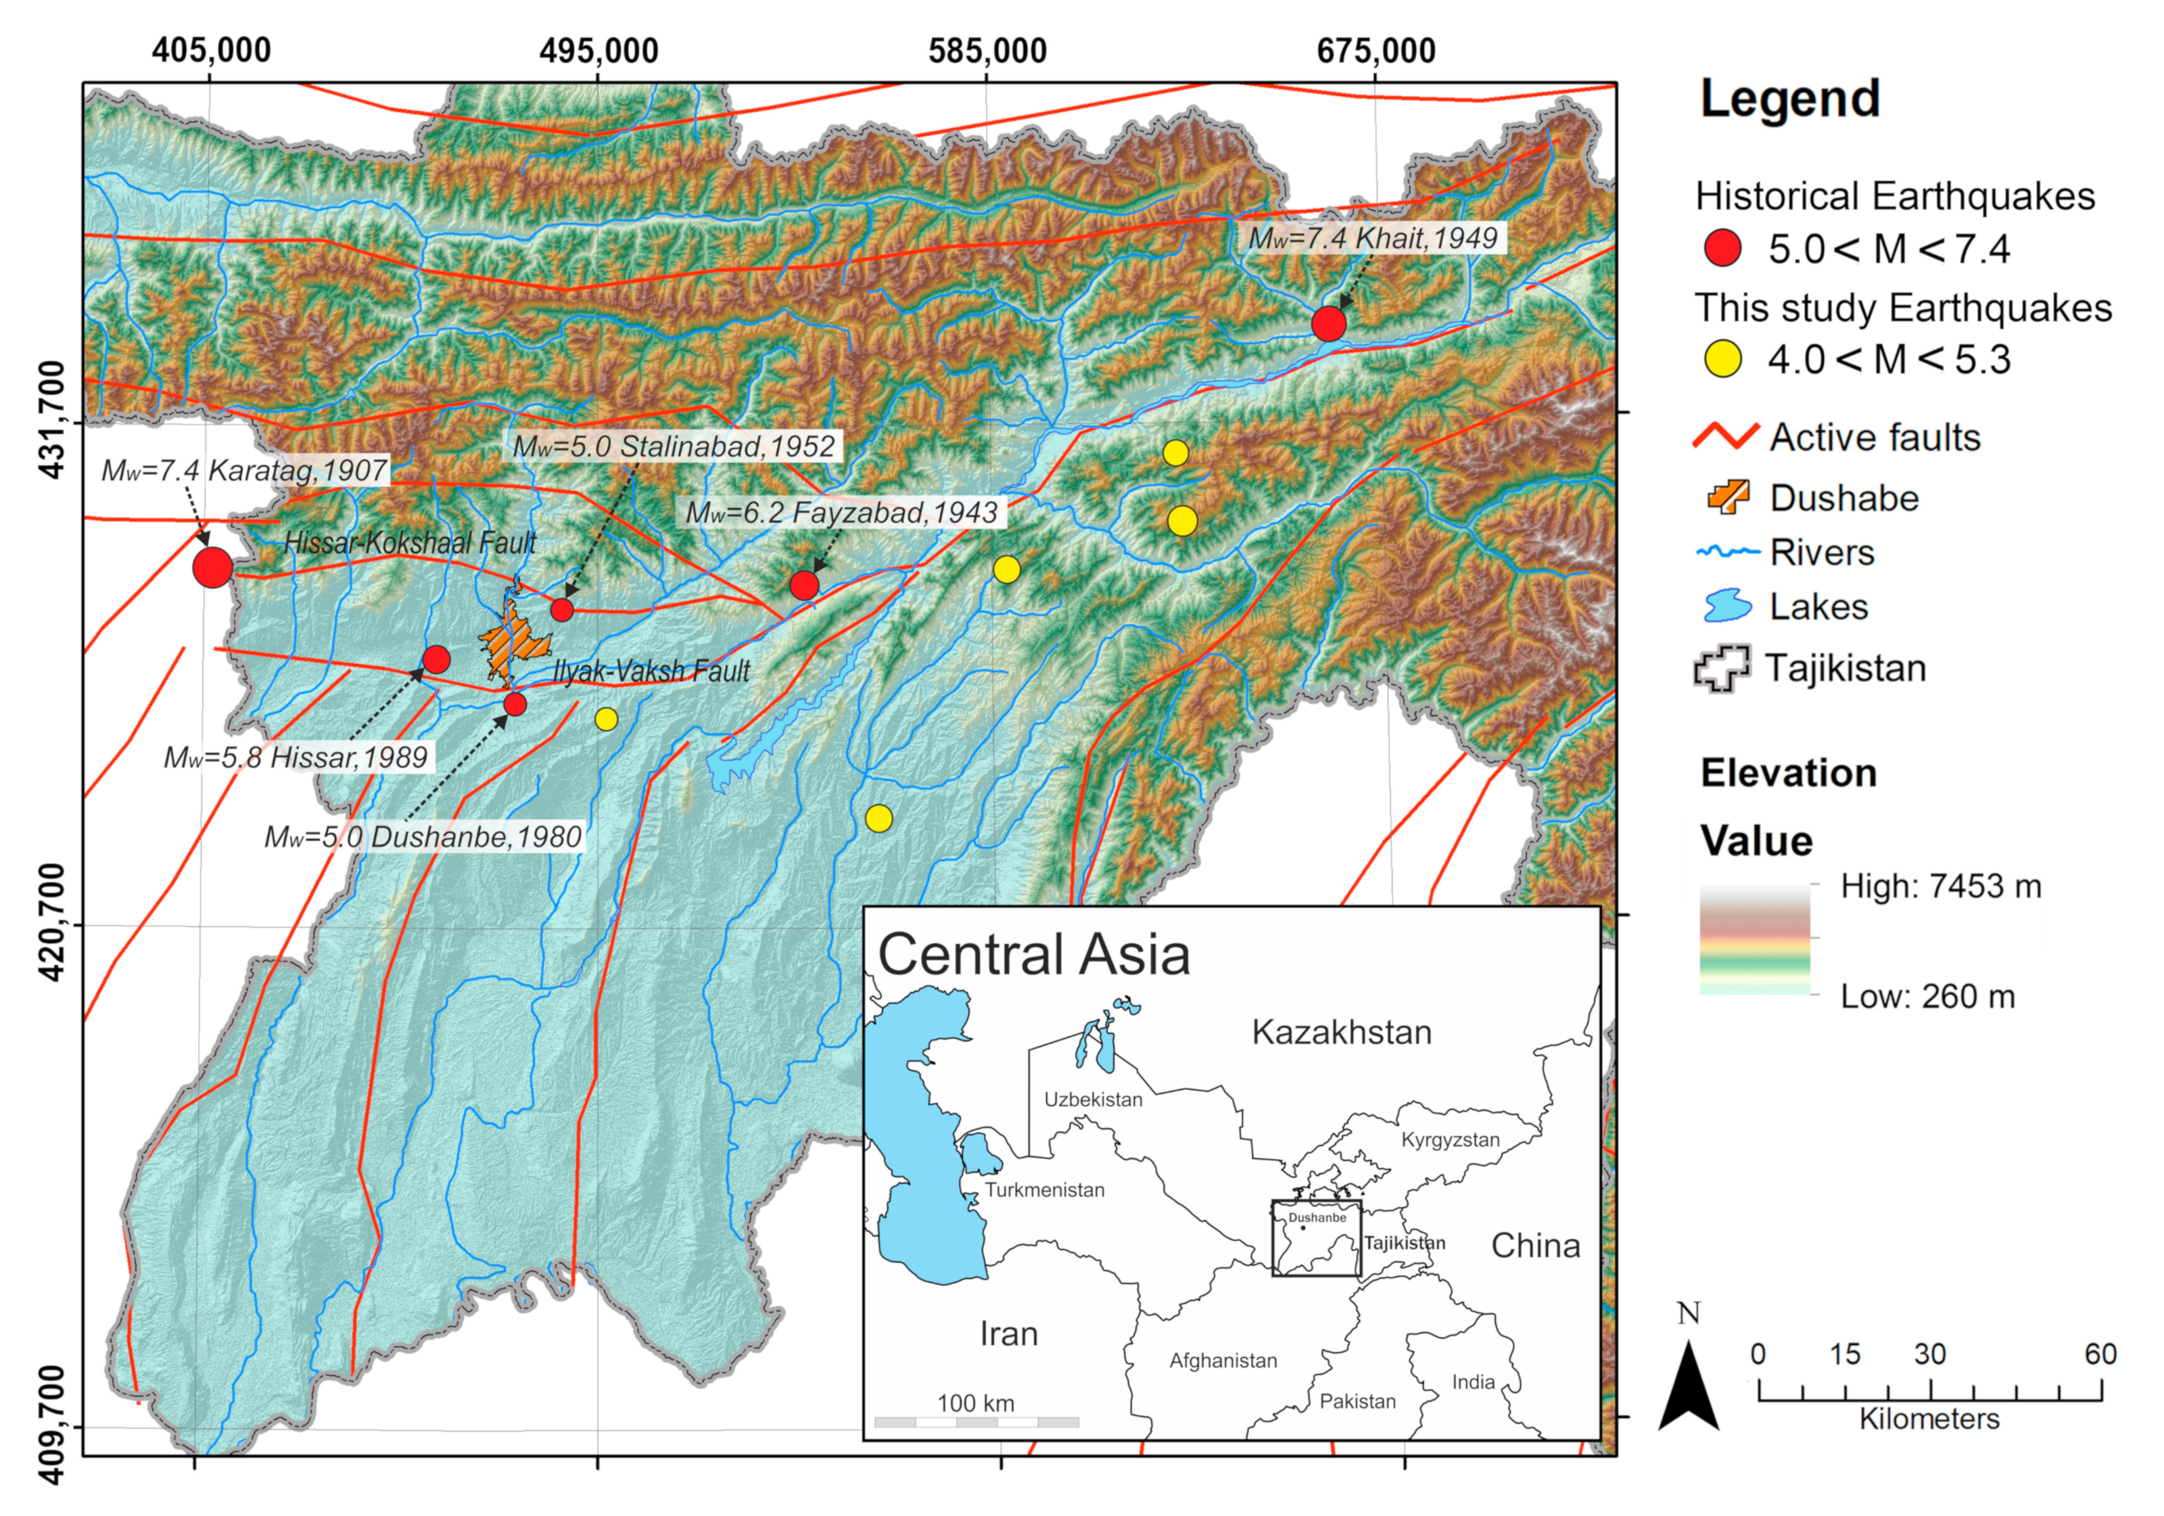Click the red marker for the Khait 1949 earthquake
tap(1328, 323)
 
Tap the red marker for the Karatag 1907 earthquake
tap(213, 567)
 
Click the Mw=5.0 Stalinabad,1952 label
tap(674, 446)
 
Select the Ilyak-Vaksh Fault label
tap(651, 671)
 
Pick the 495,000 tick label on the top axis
tap(598, 51)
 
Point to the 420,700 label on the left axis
tap(55, 924)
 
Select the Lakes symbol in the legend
tap(1728, 606)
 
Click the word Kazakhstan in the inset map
tap(1341, 1033)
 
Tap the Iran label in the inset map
tap(1008, 1334)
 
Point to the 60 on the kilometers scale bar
tap(2100, 1354)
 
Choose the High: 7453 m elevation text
tap(1941, 886)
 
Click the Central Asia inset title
tap(1034, 955)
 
